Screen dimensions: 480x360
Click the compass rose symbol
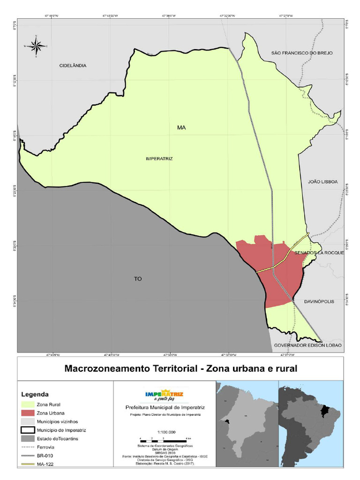pyautogui.click(x=36, y=46)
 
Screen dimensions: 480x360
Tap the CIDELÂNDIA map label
pyautogui.click(x=73, y=66)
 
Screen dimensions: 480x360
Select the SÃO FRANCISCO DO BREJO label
pyautogui.click(x=302, y=53)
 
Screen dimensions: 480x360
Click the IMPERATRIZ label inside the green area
pyautogui.click(x=159, y=159)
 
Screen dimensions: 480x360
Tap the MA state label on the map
pyautogui.click(x=181, y=127)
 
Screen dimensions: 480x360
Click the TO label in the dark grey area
pyautogui.click(x=138, y=279)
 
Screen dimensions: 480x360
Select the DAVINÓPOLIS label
pyautogui.click(x=319, y=301)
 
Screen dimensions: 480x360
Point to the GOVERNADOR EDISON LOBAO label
pyautogui.click(x=307, y=345)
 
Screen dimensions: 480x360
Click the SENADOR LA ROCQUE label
pyautogui.click(x=319, y=253)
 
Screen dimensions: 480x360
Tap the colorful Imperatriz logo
pyautogui.click(x=165, y=396)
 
